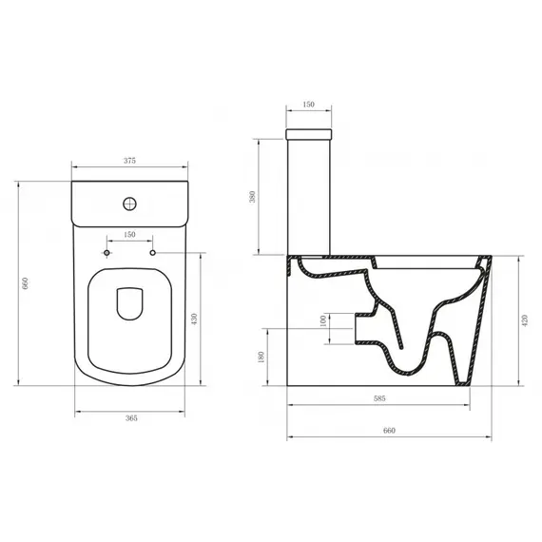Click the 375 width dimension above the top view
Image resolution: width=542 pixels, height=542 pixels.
point(129,162)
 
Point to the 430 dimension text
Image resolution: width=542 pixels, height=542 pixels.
point(196,319)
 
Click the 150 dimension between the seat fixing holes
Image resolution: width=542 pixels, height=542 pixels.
point(129,234)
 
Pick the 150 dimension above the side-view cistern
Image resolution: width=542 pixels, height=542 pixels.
point(307,106)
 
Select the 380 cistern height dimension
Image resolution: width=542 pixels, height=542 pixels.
point(252,197)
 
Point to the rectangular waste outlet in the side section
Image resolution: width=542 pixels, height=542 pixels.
point(361,328)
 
